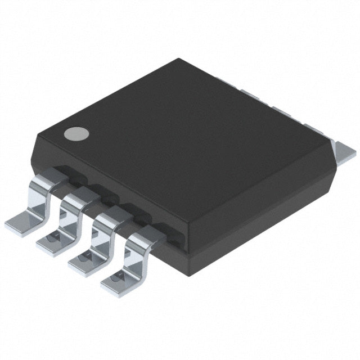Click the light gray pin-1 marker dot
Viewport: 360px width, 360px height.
tap(76, 133)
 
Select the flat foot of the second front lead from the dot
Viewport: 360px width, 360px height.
tap(54, 243)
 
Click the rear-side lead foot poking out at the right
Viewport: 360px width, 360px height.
tap(344, 149)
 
